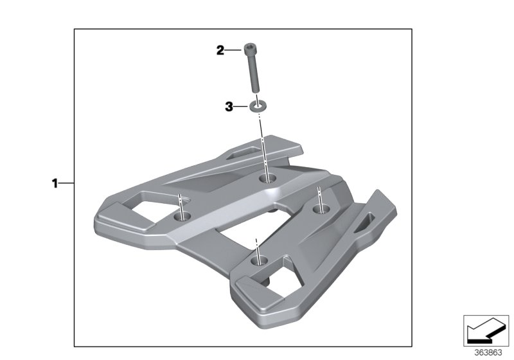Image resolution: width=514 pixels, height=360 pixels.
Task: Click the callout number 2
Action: click(220, 50)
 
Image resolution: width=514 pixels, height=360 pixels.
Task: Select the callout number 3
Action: click(228, 107)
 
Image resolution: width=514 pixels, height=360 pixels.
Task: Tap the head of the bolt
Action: click(250, 48)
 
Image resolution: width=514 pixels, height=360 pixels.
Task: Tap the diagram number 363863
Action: click(488, 352)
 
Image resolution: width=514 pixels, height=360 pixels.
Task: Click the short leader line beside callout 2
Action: click(233, 50)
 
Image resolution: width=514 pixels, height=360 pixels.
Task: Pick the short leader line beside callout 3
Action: click(242, 107)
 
